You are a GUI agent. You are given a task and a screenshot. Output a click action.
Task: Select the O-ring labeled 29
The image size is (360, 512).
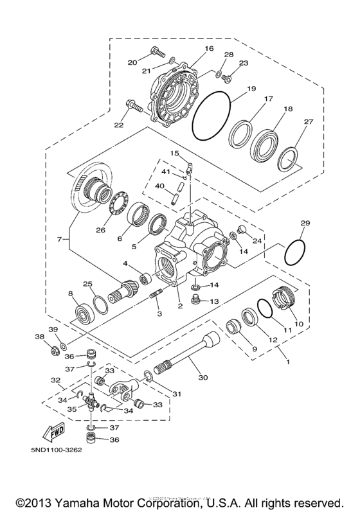pyautogui.click(x=294, y=252)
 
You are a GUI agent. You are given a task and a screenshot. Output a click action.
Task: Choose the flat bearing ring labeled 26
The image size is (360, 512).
pyautogui.click(x=118, y=206)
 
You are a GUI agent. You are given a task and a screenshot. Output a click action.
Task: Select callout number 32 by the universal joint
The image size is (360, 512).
pyautogui.click(x=56, y=381)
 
